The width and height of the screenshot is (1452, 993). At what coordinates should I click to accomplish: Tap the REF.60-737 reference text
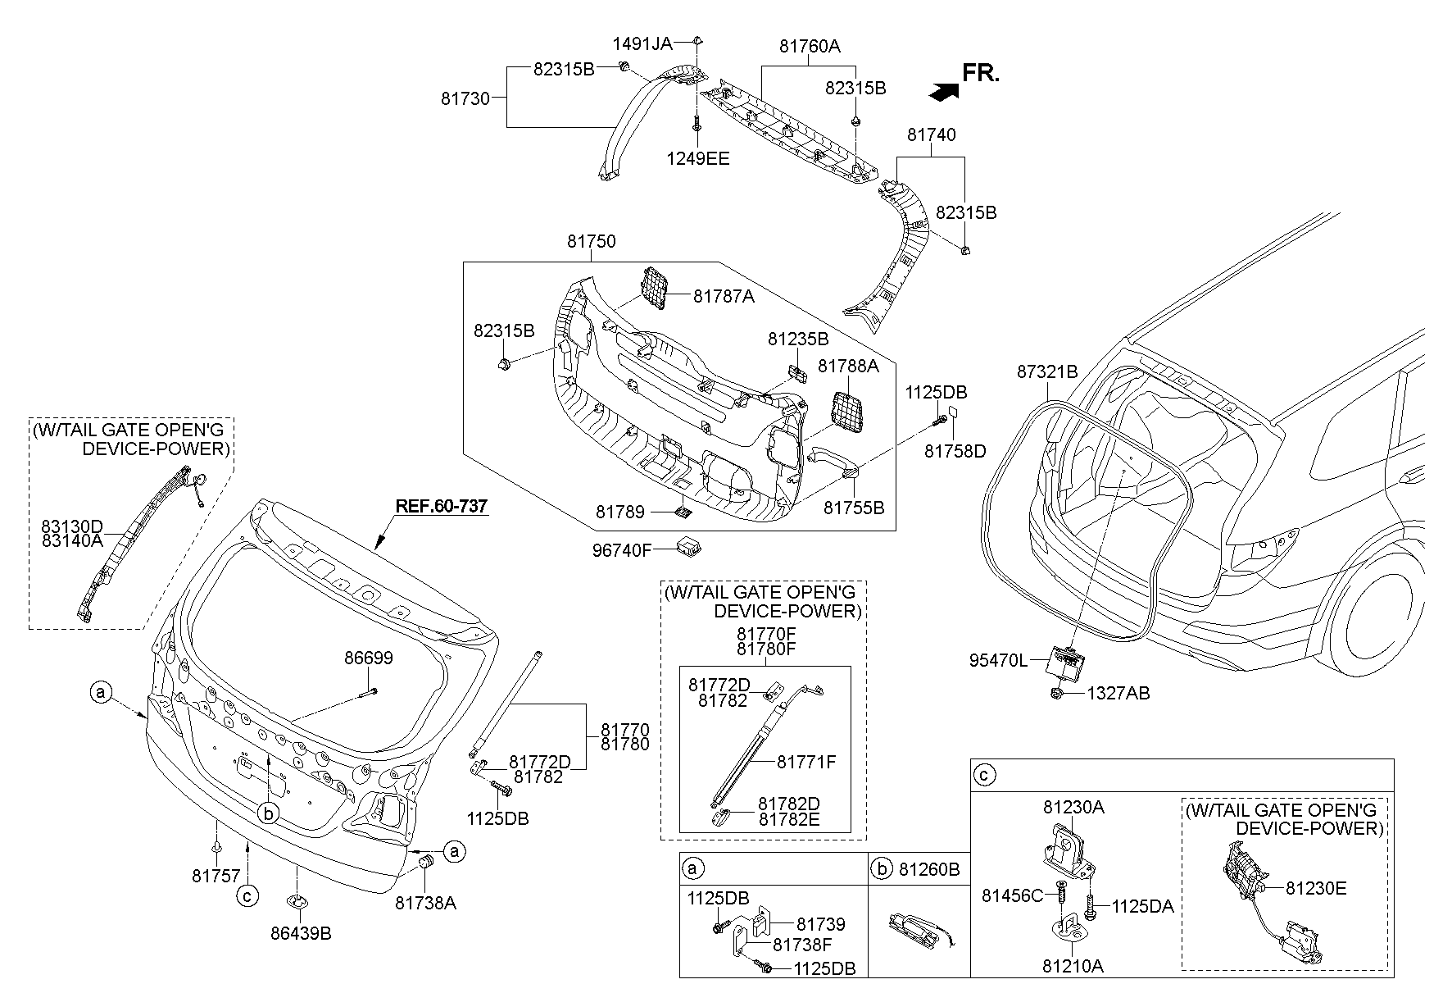tap(441, 507)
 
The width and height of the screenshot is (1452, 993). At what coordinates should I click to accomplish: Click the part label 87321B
tap(1046, 371)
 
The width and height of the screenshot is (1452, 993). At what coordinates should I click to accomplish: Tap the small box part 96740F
tap(688, 546)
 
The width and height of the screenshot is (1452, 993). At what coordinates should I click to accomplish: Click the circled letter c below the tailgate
tap(247, 896)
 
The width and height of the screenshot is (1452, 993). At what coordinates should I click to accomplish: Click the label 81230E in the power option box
tap(1315, 888)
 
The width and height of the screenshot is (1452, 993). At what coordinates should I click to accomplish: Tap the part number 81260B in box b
tap(929, 868)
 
